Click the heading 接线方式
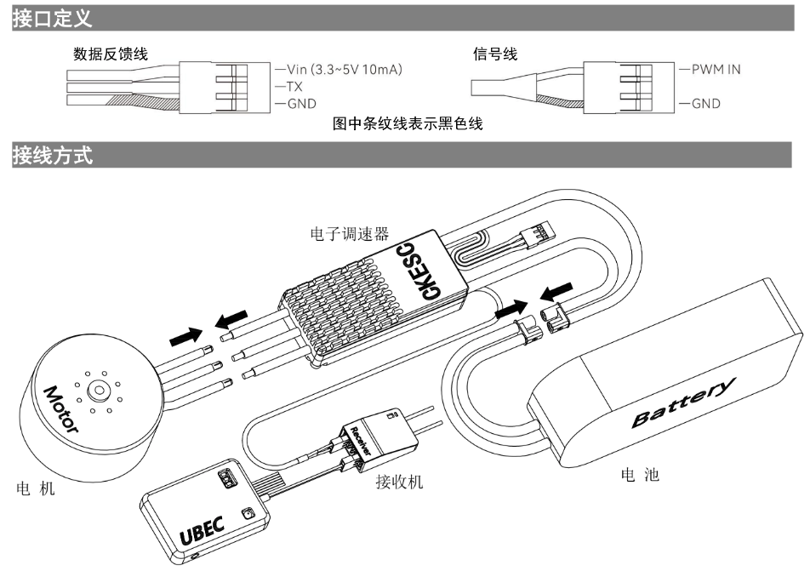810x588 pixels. [x=53, y=155]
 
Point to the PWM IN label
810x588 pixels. [x=710, y=69]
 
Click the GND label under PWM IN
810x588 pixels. [x=700, y=104]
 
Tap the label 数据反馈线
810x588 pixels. [x=111, y=54]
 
